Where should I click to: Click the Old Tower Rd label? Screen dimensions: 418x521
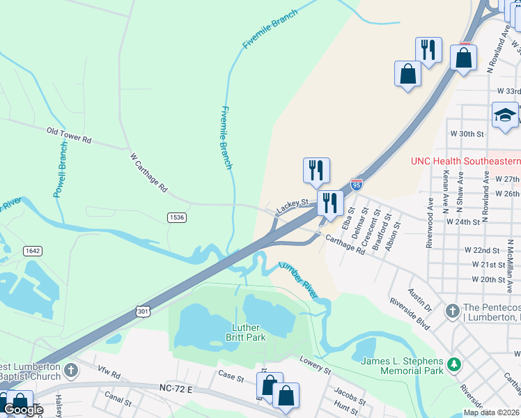pyautogui.click(x=69, y=135)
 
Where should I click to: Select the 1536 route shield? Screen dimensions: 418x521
pyautogui.click(x=177, y=217)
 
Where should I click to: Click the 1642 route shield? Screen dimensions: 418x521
pyautogui.click(x=31, y=250)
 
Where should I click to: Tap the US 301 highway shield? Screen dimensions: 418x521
pyautogui.click(x=143, y=311)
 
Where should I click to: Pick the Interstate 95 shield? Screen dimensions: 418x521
pyautogui.click(x=357, y=184)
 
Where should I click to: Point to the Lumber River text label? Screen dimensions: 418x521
pyautogui.click(x=298, y=281)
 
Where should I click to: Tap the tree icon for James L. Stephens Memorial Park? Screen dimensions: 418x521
pyautogui.click(x=454, y=364)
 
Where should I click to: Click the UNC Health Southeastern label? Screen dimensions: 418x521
pyautogui.click(x=465, y=161)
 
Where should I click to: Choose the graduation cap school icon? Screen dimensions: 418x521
pyautogui.click(x=504, y=115)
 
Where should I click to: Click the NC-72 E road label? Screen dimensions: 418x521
pyautogui.click(x=175, y=387)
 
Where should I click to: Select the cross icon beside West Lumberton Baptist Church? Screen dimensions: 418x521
pyautogui.click(x=71, y=369)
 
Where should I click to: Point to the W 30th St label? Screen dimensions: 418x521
pyautogui.click(x=467, y=133)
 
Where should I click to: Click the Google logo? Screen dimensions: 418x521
pyautogui.click(x=23, y=410)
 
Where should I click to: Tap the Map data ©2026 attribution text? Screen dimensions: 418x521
pyautogui.click(x=491, y=412)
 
